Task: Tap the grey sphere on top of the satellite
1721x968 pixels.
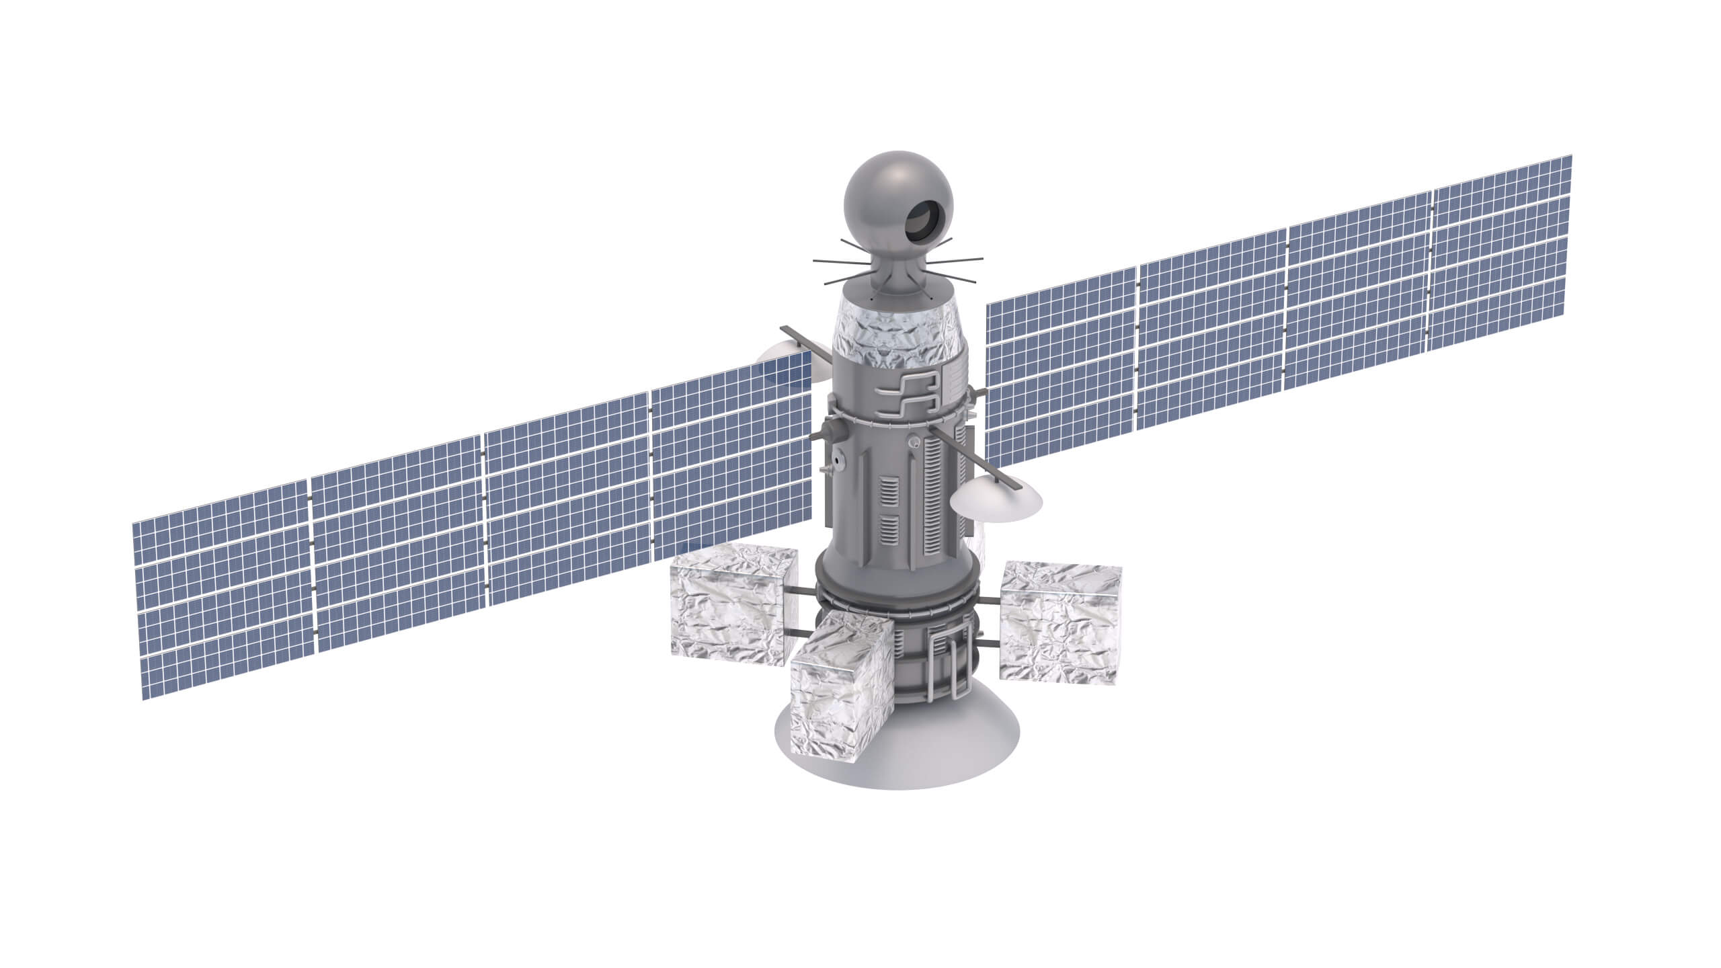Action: pyautogui.click(x=881, y=195)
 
